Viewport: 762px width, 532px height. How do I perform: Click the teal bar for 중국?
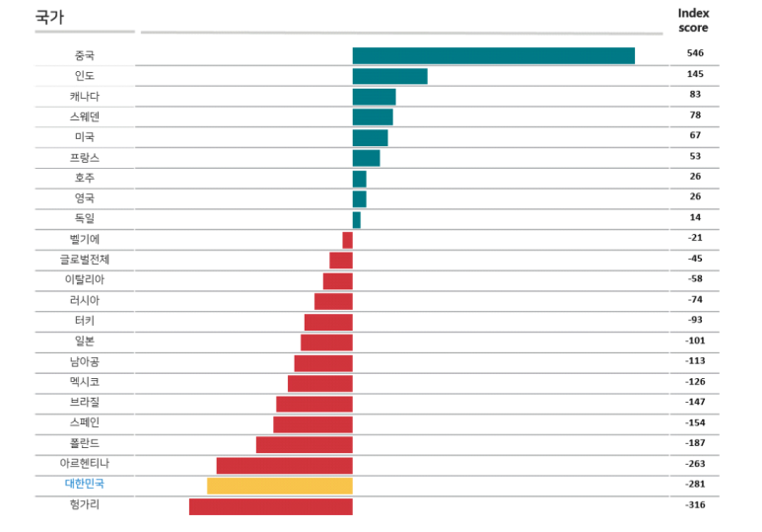click(x=493, y=55)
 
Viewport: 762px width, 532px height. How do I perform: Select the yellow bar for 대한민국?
click(x=280, y=485)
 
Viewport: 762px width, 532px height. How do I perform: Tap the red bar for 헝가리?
click(x=270, y=505)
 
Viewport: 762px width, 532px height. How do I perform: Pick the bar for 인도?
click(x=389, y=76)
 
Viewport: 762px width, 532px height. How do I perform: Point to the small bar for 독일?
click(x=357, y=219)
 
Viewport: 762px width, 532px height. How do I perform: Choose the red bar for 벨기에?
click(x=347, y=240)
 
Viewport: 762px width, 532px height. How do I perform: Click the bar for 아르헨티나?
click(x=284, y=465)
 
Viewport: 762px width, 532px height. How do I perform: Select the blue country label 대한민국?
click(x=84, y=484)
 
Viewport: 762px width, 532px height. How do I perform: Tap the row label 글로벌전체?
click(x=84, y=260)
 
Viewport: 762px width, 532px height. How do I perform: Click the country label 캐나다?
click(x=84, y=96)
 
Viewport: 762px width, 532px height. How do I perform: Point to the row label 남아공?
click(x=84, y=361)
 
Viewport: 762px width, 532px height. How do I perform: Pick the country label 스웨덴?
click(x=84, y=116)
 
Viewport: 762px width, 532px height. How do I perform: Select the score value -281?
click(x=695, y=484)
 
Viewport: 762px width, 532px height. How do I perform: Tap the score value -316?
click(x=695, y=504)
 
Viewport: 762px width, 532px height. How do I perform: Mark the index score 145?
click(x=695, y=74)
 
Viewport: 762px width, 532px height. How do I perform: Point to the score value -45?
click(x=695, y=259)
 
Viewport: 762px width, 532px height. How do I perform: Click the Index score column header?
click(x=693, y=20)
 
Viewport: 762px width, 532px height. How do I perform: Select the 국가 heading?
click(x=49, y=17)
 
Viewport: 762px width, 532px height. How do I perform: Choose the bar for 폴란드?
click(x=304, y=444)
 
